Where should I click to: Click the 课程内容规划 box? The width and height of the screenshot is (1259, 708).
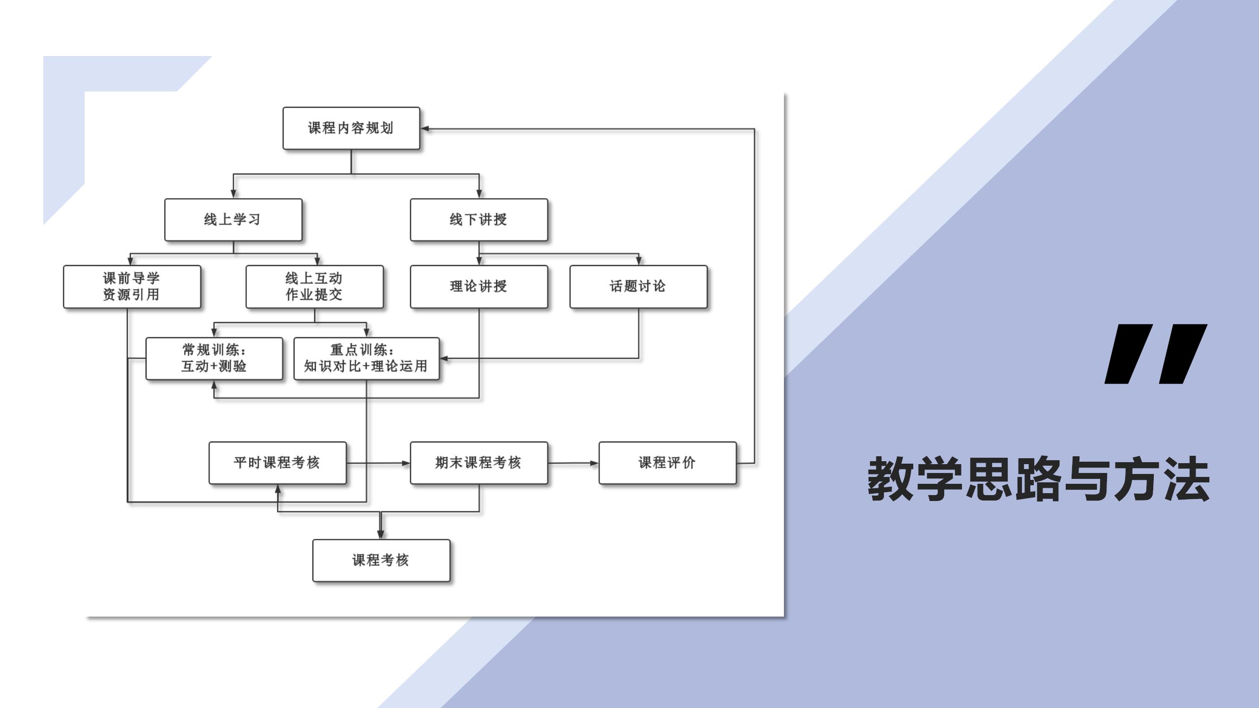point(351,128)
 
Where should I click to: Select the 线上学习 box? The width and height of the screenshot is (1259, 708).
point(233,220)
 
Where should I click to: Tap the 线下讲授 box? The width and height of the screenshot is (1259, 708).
point(479,220)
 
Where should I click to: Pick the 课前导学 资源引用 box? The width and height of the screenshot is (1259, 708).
point(132,287)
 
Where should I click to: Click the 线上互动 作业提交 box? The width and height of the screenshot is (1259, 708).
point(314,287)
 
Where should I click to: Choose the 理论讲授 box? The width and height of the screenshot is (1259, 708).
point(479,287)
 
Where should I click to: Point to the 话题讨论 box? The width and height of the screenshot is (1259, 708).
point(638,287)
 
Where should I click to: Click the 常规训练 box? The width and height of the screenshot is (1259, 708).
point(214,358)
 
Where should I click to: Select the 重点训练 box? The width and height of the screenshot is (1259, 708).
point(366,358)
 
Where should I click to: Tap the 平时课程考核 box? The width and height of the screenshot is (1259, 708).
point(277,463)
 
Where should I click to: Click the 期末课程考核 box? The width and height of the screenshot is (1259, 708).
point(479,463)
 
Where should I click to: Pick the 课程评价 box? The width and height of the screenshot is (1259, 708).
point(667,463)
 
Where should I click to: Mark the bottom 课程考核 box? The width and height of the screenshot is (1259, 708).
point(381,560)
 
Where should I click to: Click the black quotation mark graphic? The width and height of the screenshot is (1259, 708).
point(1155,354)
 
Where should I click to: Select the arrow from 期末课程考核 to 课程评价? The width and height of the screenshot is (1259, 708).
point(572,463)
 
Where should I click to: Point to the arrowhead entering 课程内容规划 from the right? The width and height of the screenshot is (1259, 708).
point(425,129)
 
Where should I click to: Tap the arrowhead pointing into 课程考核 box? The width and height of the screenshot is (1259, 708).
point(381,534)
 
